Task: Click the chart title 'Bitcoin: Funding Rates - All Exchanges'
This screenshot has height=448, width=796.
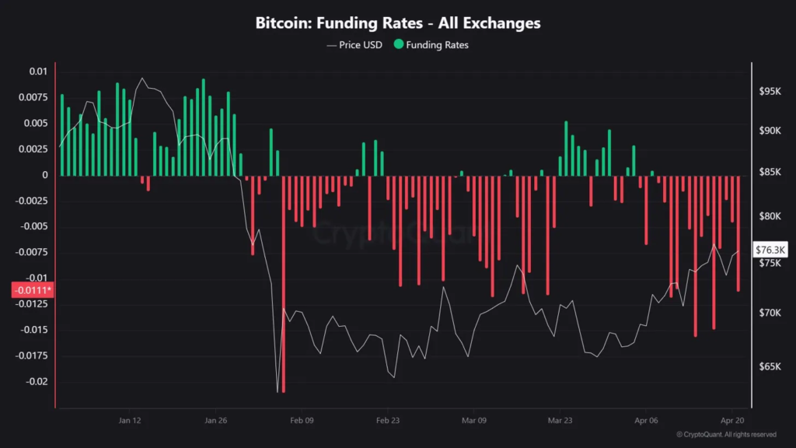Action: coord(398,23)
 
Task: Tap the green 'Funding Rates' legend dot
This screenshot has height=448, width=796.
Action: coord(400,45)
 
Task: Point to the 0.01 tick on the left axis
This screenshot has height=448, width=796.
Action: coord(38,72)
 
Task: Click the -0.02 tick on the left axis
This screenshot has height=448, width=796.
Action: coord(36,382)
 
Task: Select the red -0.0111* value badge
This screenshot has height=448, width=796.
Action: coord(31,290)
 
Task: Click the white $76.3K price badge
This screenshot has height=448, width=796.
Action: coord(771,250)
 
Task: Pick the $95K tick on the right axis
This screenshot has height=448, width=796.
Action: coord(769,91)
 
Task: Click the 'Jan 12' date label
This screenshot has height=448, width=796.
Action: coord(130,420)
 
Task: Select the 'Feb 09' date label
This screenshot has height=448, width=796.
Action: coord(302,420)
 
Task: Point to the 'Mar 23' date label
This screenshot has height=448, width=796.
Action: coord(560,420)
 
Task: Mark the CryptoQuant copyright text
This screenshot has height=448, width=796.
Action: coord(726,435)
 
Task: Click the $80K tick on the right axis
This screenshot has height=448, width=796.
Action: coord(769,216)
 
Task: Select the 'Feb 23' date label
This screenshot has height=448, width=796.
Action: coord(388,420)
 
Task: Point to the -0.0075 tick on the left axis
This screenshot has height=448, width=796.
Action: coord(33,253)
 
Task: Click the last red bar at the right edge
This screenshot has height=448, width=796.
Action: coord(738,233)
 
